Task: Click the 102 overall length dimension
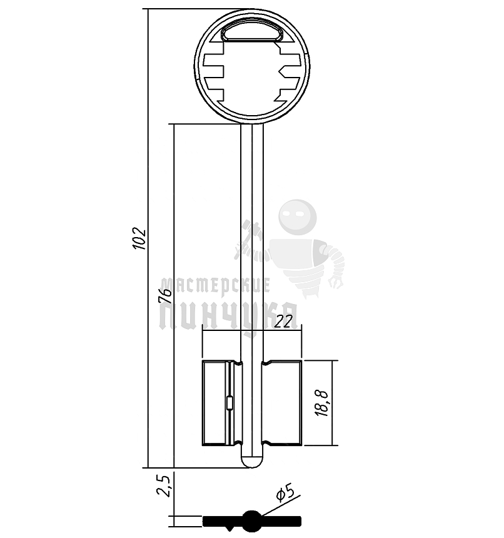pos(140,239)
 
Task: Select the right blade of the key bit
pos(283,403)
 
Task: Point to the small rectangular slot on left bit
pos(229,403)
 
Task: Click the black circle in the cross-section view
pos(252,520)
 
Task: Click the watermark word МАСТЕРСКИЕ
pos(214,286)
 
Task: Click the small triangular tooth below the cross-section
pos(233,529)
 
